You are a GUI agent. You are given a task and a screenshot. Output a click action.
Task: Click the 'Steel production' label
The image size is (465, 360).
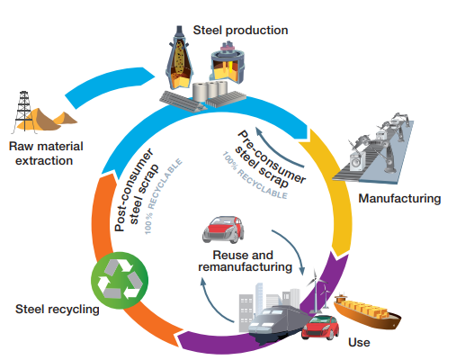pos(240,31)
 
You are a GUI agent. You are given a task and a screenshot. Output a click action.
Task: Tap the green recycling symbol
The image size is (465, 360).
pos(120,280)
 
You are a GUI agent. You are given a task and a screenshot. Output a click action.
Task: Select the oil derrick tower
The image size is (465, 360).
pos(23,112)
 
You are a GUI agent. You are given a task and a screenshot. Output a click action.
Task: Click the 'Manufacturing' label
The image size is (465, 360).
pos(399,199)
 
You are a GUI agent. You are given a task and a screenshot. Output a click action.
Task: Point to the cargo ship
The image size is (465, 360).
pos(367,312)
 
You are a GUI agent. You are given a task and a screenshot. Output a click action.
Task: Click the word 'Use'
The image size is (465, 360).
pos(359,342)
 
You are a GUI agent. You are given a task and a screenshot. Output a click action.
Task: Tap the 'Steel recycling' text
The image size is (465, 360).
pos(58,310)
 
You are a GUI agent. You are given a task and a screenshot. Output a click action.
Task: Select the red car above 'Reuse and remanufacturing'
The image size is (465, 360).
pos(223,229)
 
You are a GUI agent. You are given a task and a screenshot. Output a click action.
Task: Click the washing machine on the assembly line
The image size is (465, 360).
pos(358,161)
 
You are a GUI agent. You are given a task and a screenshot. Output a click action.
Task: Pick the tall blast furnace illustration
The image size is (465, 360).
pos(179,58)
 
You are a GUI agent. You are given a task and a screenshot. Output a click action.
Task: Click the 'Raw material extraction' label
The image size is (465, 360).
pos(46,154)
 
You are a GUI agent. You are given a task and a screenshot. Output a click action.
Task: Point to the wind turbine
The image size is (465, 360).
pos(316,292)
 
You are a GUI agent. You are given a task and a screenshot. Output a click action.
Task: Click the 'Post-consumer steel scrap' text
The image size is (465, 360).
pos(136,190)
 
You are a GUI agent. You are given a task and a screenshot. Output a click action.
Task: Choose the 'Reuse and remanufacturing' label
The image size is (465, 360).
pos(245,261)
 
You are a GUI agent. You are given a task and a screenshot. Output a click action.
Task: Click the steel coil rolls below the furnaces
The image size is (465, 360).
pos(210,91)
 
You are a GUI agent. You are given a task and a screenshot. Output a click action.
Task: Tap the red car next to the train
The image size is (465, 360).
pos(320,328)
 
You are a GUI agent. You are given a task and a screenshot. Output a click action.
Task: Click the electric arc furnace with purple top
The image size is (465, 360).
pos(228,63)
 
